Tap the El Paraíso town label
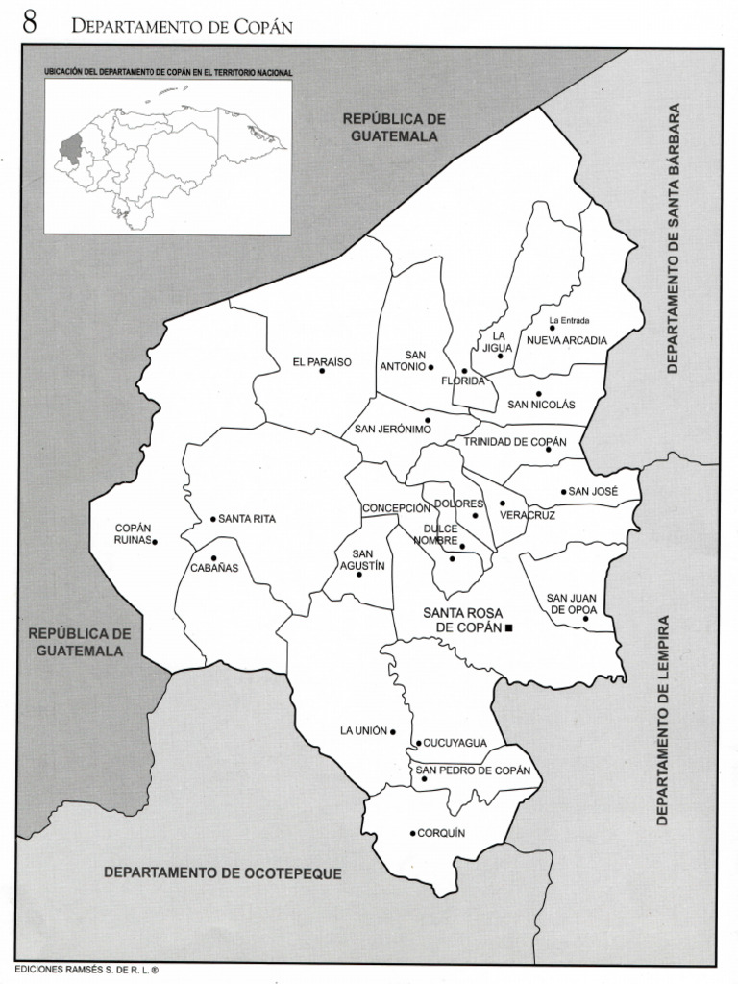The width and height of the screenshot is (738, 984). pos(322,362)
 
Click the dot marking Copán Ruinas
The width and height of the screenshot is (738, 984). pos(155,542)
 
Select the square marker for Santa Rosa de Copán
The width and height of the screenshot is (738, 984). pos(509,627)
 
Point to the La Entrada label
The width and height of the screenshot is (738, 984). pos(569,320)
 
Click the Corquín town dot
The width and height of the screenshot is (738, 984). pos(412,833)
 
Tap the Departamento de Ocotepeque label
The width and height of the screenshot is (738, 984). pos(223,873)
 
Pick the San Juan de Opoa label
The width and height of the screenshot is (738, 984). pos(572,603)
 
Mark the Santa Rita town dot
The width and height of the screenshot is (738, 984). pos(213,519)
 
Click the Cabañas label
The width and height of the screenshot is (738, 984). pos(214,568)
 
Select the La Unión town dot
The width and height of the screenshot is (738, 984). pos(392,731)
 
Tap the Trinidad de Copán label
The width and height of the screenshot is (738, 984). pos(508,441)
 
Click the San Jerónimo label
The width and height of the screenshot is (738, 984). pos(392,429)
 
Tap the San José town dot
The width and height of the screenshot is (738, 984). pos(564,492)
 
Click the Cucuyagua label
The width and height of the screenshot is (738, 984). pos(455,743)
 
